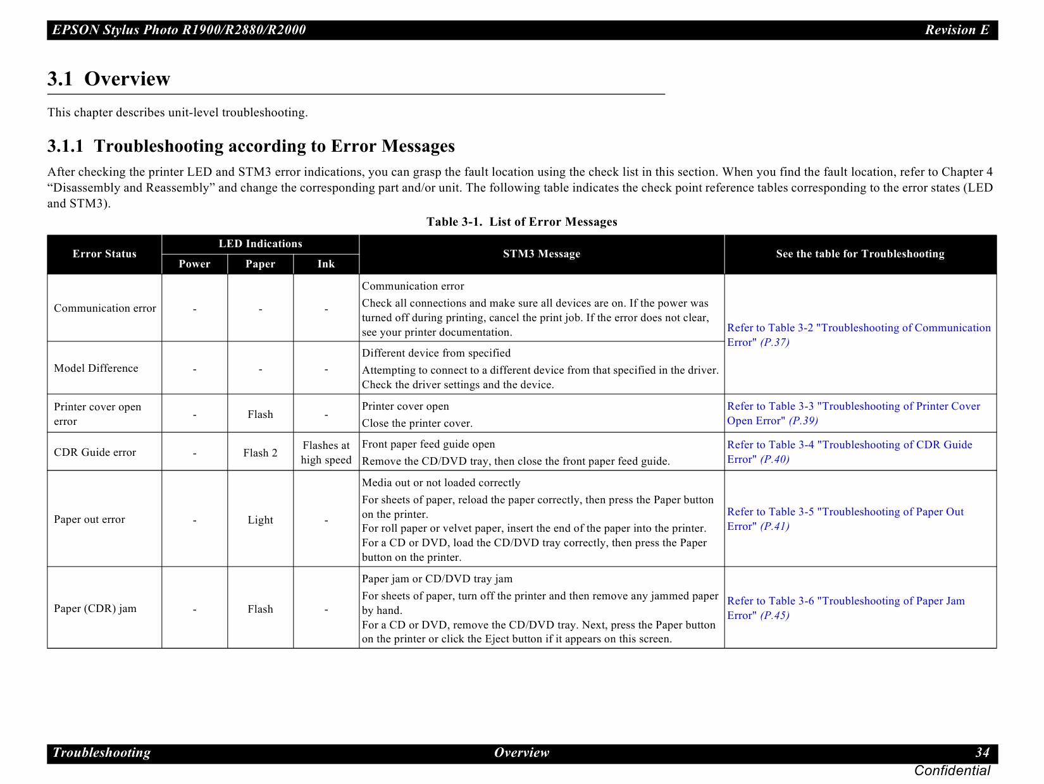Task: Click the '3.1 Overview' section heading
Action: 109,79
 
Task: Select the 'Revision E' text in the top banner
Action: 956,30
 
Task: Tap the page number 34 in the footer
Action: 981,752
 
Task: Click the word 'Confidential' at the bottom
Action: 952,771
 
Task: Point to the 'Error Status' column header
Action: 104,254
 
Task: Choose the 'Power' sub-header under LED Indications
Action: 194,264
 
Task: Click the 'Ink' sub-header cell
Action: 326,264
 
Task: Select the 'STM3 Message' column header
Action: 541,254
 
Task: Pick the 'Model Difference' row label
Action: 96,369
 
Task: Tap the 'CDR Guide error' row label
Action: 95,453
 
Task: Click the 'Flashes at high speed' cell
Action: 326,453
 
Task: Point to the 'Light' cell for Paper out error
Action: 260,520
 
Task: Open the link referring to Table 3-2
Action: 858,328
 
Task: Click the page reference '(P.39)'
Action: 803,421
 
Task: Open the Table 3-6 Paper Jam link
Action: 845,601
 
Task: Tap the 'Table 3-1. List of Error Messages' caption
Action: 521,222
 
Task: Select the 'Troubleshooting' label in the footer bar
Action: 101,752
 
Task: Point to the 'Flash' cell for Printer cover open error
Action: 260,415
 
